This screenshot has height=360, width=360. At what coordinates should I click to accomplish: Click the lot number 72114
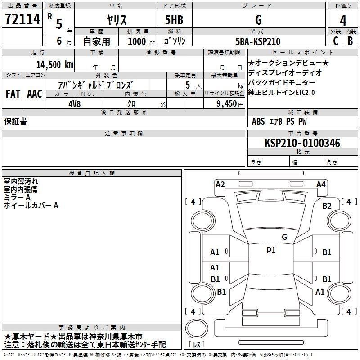(22, 19)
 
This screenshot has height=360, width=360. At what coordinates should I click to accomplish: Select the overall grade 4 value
(343, 20)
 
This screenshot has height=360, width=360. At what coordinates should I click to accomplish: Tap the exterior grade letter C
(336, 41)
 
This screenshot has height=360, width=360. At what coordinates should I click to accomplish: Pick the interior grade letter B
(350, 41)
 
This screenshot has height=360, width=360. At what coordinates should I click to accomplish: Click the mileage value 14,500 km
(55, 65)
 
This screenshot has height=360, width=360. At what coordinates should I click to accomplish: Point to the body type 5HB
(174, 20)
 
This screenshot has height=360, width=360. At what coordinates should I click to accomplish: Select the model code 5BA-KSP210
(258, 41)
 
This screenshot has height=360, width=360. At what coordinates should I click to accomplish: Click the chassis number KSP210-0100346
(302, 143)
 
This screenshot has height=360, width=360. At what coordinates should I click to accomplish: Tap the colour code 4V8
(75, 104)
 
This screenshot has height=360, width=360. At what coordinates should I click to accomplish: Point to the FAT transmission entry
(13, 94)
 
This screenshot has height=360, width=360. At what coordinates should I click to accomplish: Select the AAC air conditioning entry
(35, 94)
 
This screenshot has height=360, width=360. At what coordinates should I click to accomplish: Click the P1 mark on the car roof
(271, 251)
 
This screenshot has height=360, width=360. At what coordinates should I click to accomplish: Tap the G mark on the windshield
(284, 237)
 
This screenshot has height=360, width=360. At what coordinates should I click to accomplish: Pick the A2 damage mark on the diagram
(220, 184)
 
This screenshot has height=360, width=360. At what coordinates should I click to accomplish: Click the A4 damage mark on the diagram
(321, 184)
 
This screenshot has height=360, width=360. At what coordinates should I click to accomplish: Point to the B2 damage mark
(327, 206)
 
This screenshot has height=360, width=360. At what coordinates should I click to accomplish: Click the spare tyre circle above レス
(197, 328)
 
